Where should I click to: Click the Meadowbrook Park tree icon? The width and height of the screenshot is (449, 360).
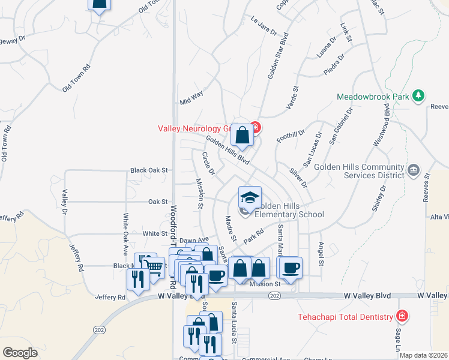[x=418, y=96]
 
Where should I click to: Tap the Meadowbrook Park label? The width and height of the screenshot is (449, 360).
[x=372, y=96]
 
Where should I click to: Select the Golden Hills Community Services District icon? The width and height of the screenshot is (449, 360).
[x=413, y=171]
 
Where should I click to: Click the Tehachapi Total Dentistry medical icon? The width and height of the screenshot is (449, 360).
[x=402, y=316]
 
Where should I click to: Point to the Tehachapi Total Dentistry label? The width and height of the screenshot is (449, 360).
[x=347, y=317]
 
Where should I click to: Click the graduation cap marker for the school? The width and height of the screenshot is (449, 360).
[x=250, y=197]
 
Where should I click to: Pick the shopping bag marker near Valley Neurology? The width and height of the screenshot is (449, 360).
[x=242, y=136]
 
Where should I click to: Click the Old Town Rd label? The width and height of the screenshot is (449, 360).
[x=76, y=78]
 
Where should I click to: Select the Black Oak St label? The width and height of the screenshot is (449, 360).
[x=149, y=170]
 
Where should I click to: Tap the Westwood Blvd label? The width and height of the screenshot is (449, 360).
[x=382, y=125]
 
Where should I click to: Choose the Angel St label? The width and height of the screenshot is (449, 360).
[x=321, y=254]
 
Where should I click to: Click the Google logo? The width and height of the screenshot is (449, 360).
[x=20, y=353]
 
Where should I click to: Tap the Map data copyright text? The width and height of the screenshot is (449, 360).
[x=423, y=355]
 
